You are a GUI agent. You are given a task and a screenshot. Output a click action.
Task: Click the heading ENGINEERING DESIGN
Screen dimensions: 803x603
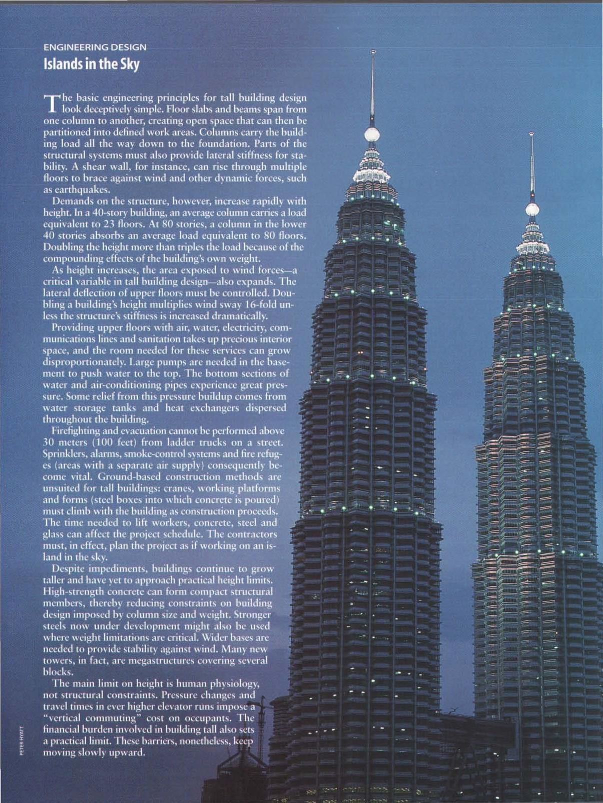coord(95,47)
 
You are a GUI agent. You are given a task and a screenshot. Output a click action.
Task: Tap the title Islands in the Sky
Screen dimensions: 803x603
coord(91,64)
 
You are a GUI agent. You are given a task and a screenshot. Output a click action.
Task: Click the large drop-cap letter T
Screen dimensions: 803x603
coord(52,103)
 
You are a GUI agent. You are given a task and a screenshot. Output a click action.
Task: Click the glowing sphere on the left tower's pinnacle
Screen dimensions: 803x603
coord(372,134)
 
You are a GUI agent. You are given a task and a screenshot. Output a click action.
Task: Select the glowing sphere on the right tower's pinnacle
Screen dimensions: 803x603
coord(532,209)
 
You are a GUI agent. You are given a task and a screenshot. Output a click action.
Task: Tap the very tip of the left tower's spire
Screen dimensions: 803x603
coord(373,51)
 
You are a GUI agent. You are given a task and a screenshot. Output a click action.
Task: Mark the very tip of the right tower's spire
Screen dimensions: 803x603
coord(531,134)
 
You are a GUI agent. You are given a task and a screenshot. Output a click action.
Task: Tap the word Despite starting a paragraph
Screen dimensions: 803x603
coord(69,568)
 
